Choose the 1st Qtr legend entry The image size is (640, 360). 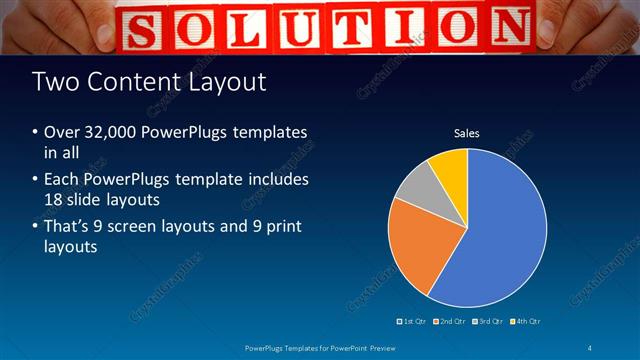tap(415, 321)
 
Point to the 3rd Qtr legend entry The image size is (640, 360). tap(487, 321)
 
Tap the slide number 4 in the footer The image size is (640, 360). tap(591, 347)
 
